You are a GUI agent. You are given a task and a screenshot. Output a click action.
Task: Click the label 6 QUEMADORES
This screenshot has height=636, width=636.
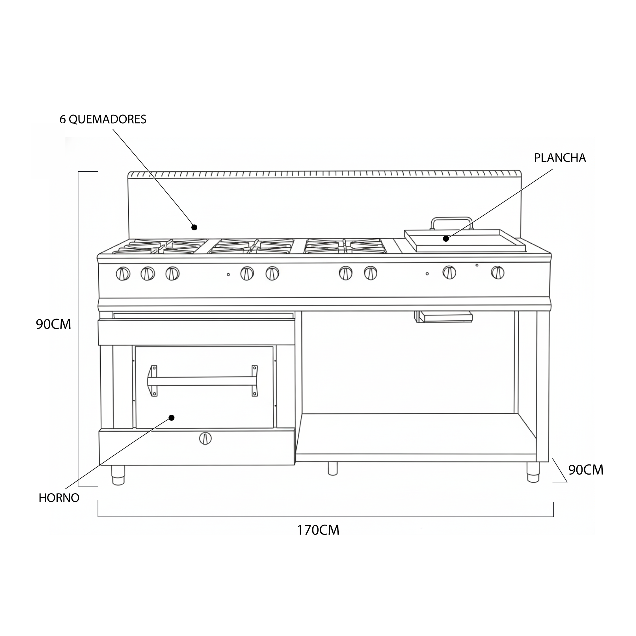tap(103, 120)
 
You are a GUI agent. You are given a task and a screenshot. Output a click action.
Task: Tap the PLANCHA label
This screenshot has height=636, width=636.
tap(560, 158)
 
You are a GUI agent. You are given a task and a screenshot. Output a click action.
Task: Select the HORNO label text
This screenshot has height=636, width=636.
tap(59, 498)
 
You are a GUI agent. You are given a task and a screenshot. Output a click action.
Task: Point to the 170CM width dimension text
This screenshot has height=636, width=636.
tap(318, 530)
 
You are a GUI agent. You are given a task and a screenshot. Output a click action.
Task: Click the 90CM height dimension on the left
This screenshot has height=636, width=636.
tap(53, 324)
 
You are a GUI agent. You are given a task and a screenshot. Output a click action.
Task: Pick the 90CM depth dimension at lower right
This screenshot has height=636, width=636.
tap(586, 470)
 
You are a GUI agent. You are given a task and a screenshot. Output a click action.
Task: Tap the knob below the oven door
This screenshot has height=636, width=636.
tap(205, 438)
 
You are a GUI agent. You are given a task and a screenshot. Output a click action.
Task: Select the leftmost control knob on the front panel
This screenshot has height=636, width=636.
tap(123, 274)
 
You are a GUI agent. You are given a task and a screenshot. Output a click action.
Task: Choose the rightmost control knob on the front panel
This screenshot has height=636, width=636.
tap(497, 272)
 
